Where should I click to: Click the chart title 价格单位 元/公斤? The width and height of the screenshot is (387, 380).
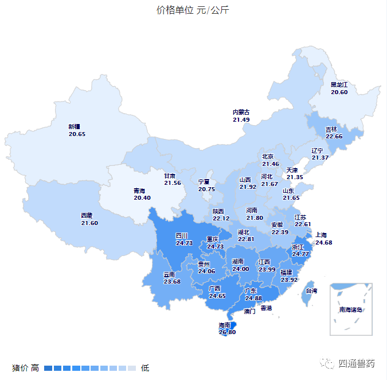193,10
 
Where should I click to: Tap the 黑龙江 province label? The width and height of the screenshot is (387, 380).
339,85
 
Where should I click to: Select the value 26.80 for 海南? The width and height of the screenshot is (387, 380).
226,332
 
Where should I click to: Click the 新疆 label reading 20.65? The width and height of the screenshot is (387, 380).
77,134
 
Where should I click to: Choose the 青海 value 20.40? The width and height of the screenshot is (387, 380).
142,197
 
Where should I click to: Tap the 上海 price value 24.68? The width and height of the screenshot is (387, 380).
323,242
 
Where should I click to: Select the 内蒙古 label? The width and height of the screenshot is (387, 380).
241,112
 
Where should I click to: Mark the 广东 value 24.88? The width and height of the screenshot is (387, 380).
253,298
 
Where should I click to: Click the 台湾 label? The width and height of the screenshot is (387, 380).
311,291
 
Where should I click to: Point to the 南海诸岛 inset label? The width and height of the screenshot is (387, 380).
351,310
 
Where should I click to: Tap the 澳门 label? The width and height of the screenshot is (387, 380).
249,312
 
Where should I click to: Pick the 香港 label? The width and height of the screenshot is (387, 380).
267,308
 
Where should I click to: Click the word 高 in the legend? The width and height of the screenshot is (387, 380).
35,367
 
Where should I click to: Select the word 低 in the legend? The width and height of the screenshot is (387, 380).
145,367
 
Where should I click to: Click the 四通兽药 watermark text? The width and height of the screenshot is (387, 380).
356,363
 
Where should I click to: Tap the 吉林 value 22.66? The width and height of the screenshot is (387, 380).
334,136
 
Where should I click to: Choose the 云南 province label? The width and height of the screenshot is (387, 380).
169,274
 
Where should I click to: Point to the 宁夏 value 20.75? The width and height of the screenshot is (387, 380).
206,189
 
